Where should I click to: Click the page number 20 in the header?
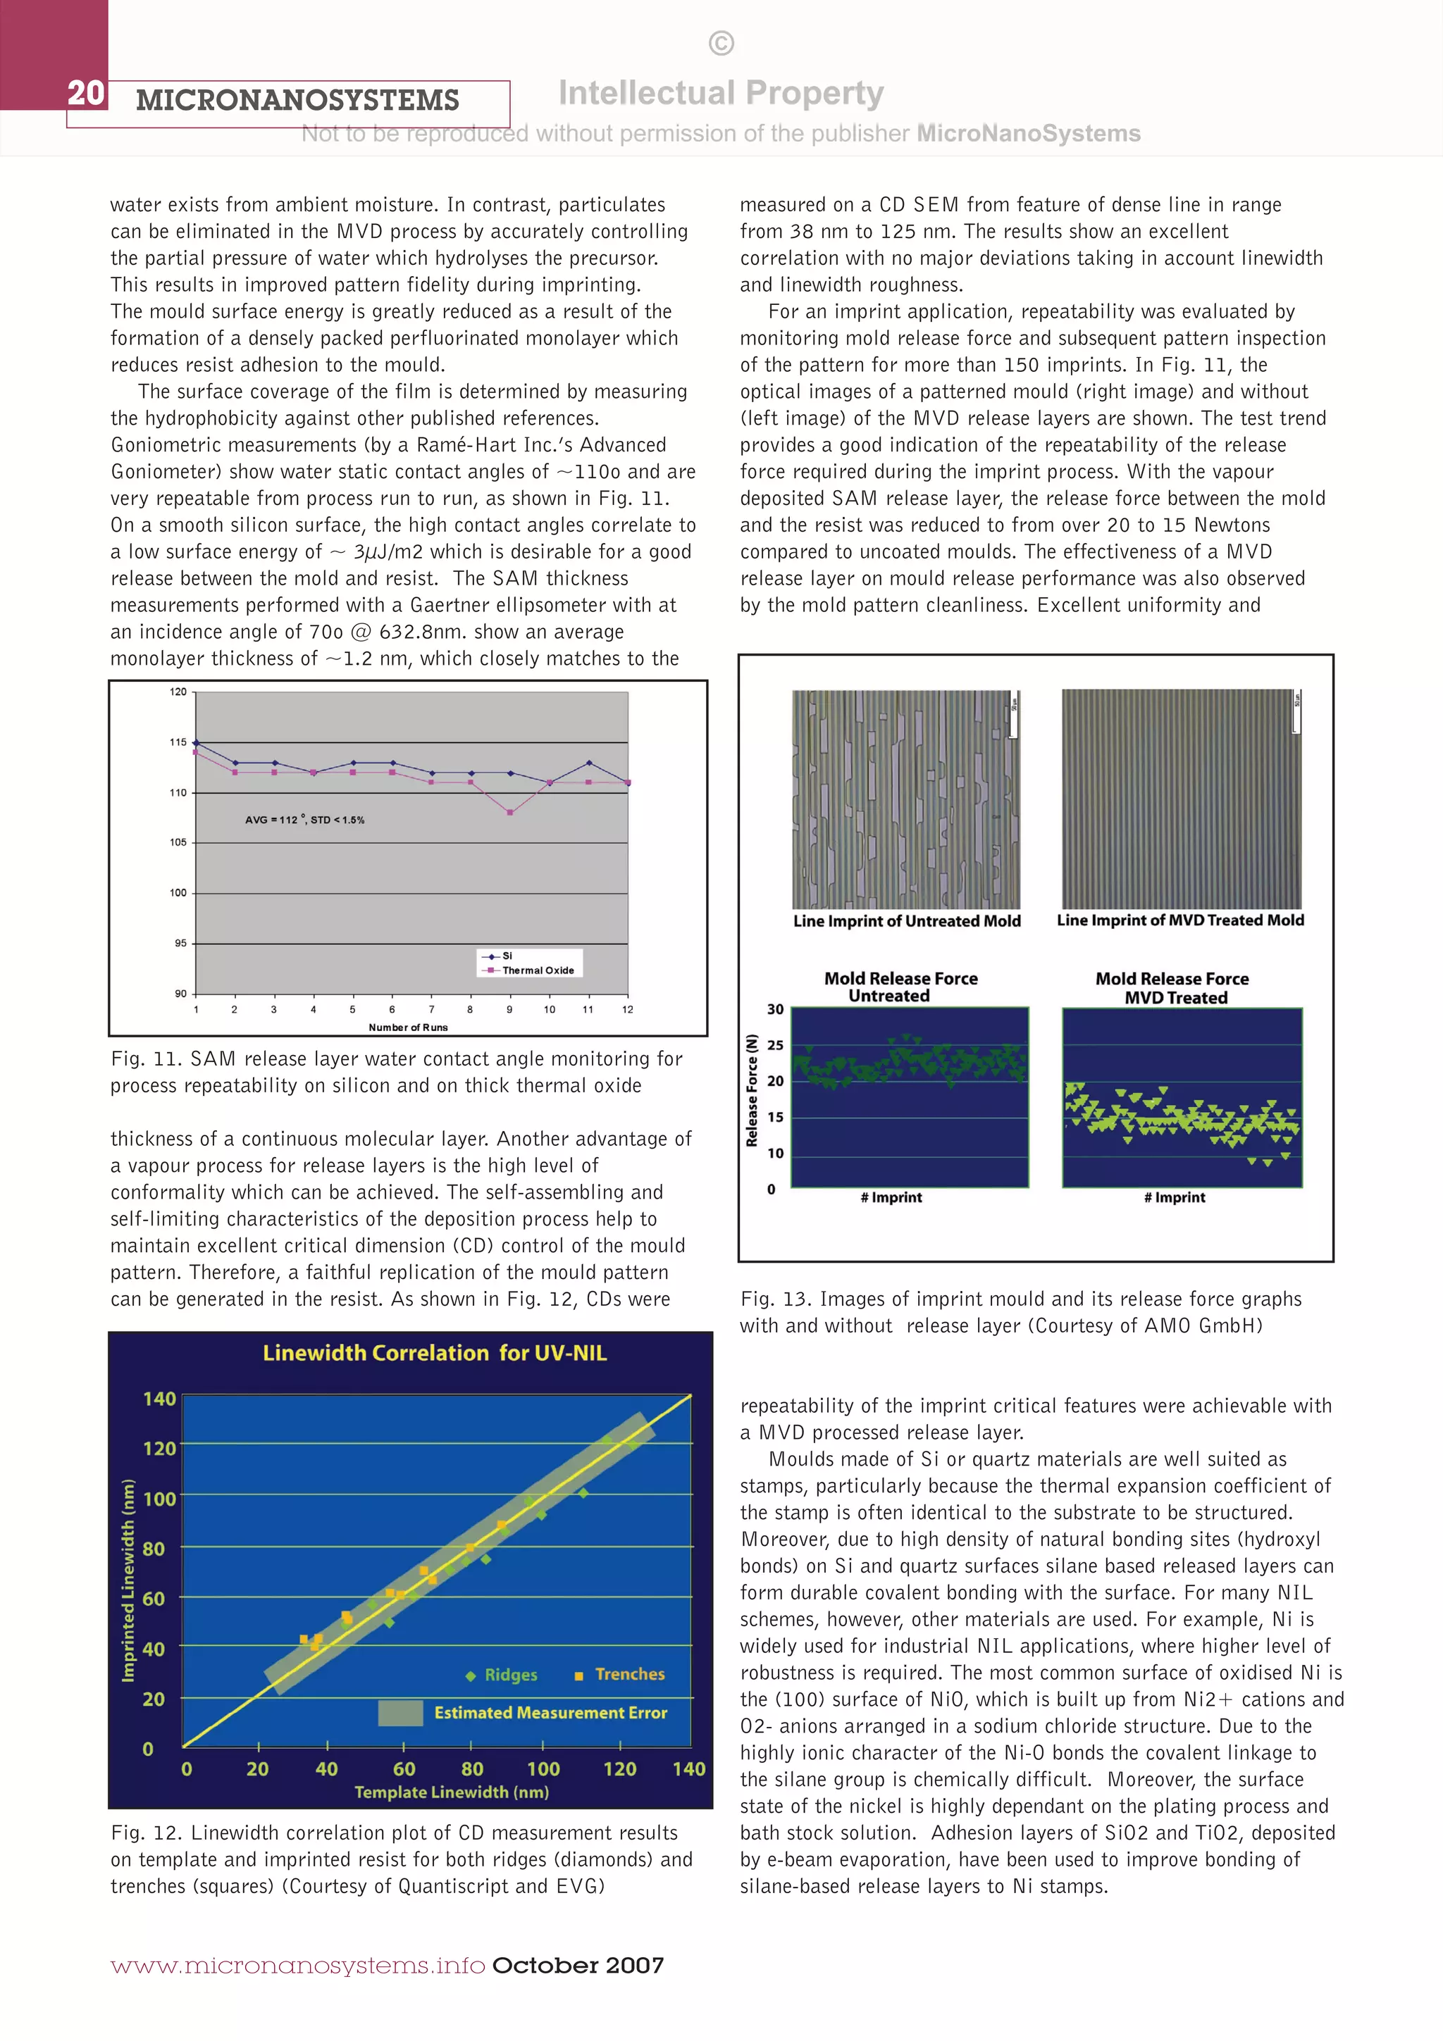(x=86, y=92)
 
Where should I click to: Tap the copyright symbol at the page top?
(x=721, y=43)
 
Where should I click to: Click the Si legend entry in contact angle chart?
(x=507, y=956)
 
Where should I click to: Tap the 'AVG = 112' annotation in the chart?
(x=304, y=820)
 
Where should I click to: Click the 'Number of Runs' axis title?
(x=408, y=1028)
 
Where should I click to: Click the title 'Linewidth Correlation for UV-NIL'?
(x=434, y=1353)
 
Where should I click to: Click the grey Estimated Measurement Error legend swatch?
(x=400, y=1712)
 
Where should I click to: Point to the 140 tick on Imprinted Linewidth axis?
(x=159, y=1398)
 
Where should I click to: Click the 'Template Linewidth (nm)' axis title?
(x=451, y=1792)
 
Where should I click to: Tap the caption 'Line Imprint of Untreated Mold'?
(x=906, y=921)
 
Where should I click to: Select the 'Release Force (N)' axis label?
(x=753, y=1090)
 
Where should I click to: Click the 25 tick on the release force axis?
(x=775, y=1044)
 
